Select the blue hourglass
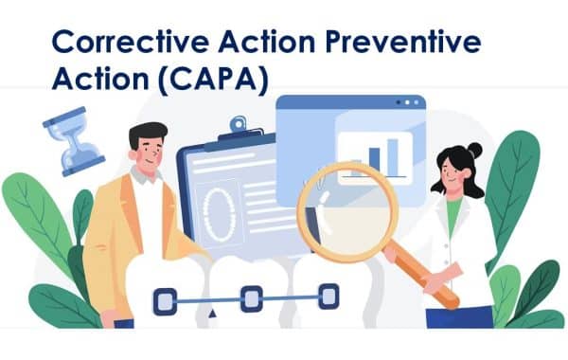(74, 141)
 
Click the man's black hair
(149, 133)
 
